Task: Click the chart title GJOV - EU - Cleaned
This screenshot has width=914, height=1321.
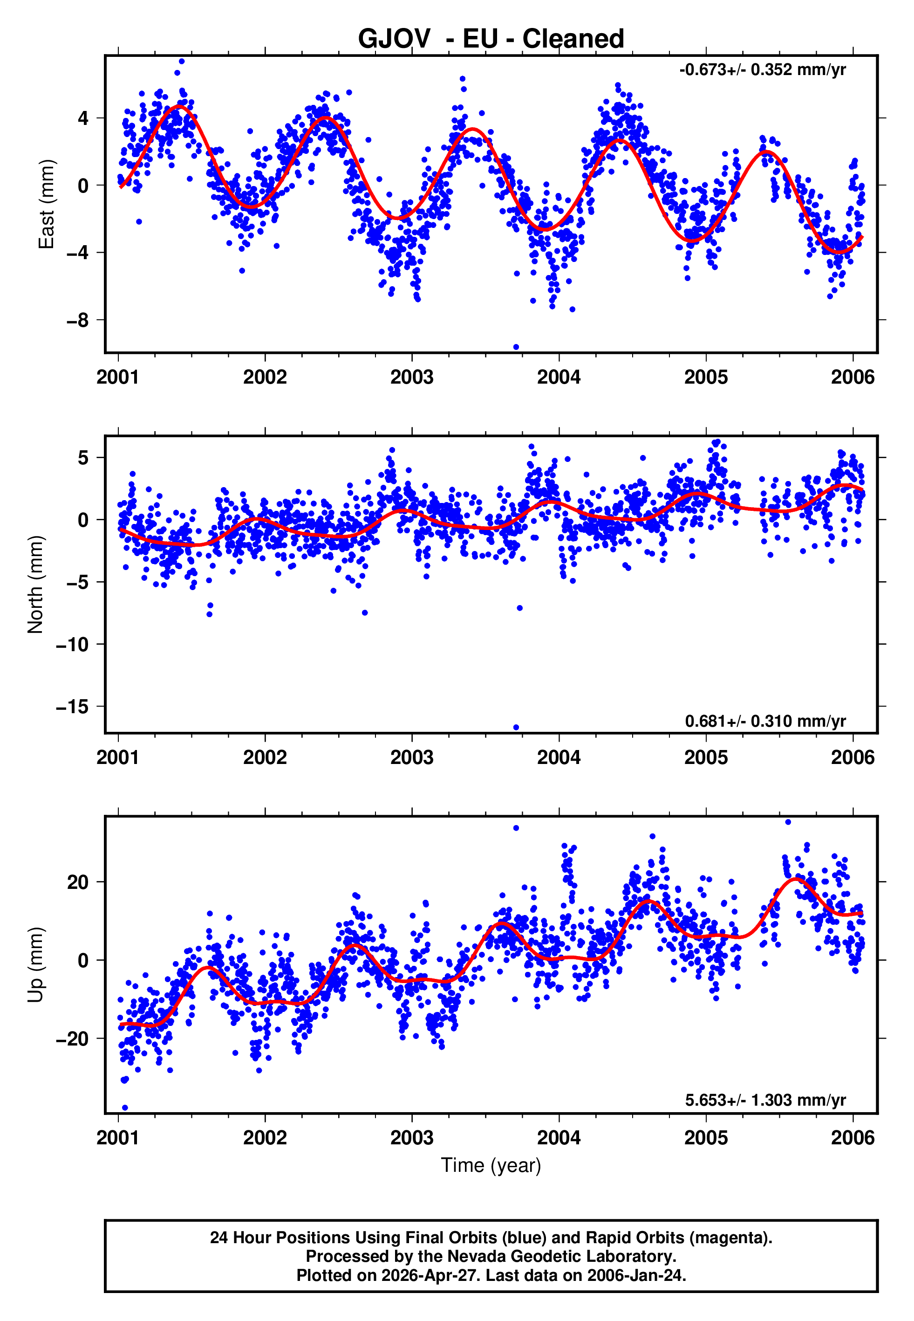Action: coord(491,39)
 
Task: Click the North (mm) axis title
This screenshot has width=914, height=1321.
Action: coord(35,585)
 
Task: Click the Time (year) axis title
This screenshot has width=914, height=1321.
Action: coord(491,1165)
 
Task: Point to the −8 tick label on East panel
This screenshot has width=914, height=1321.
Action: coord(77,320)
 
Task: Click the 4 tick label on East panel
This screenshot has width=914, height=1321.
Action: coord(83,118)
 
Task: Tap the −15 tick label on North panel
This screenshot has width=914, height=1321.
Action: coord(72,707)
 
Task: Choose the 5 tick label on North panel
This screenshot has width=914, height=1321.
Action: coord(83,458)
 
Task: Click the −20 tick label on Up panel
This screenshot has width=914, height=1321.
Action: coord(72,1039)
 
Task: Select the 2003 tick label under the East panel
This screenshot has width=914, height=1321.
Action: coord(412,377)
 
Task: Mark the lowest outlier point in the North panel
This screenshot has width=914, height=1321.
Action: coord(516,728)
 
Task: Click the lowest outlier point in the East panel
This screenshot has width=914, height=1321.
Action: coord(516,347)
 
